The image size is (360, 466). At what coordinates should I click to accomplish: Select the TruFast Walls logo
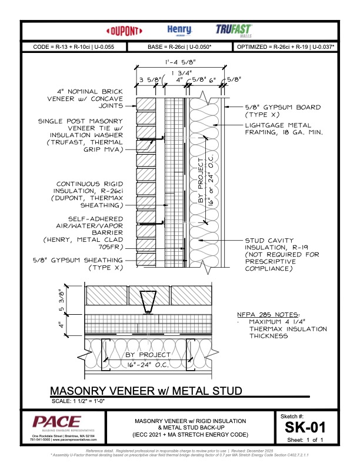(235, 30)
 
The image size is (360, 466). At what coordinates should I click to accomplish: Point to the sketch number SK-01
(301, 425)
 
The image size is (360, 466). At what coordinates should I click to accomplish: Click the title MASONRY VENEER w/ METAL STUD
(146, 391)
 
